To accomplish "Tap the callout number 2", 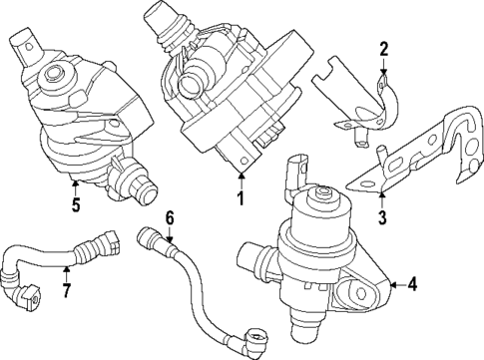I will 384,49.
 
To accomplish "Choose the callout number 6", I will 170,217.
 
